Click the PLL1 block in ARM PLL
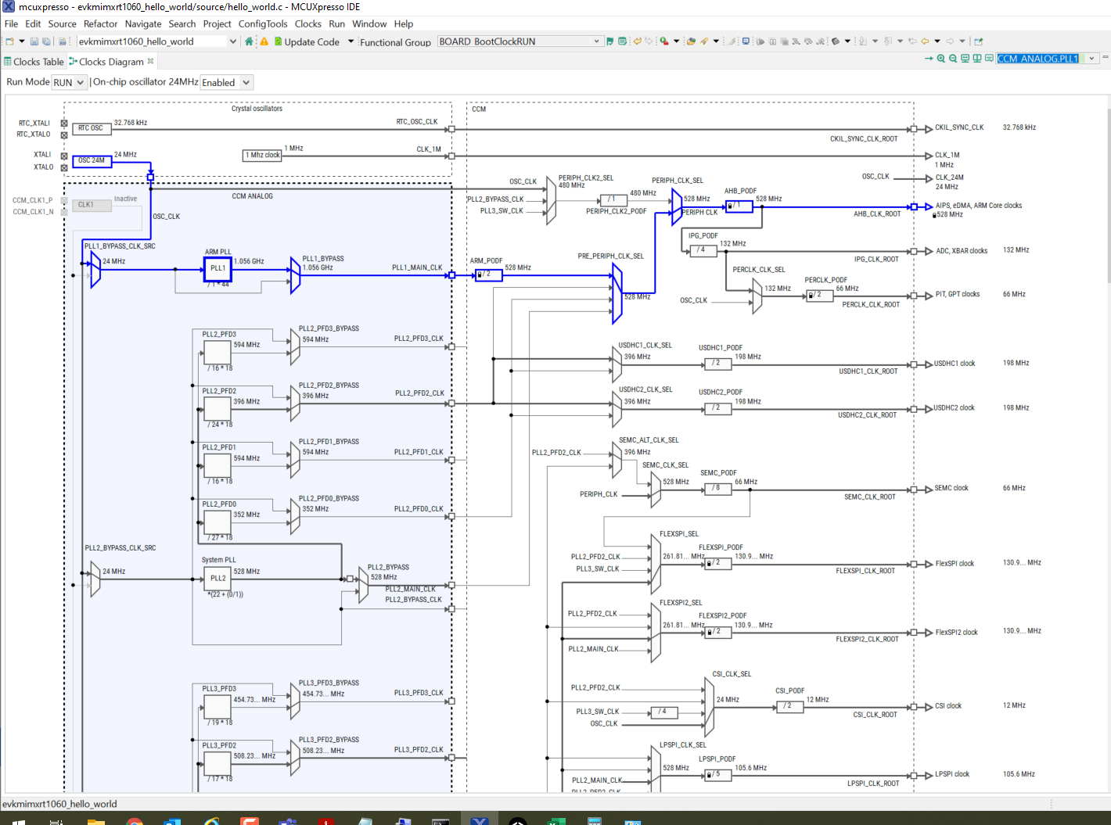click(218, 268)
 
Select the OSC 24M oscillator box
click(92, 160)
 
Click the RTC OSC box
click(91, 128)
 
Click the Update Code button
click(311, 42)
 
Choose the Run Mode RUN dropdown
click(69, 82)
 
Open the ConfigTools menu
click(263, 24)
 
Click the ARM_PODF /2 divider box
click(488, 274)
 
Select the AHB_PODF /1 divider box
click(739, 206)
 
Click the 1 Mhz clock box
click(263, 156)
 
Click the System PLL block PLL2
click(218, 579)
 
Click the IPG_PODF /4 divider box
click(703, 250)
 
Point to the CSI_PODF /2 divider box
click(789, 705)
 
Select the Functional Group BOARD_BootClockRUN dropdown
click(520, 41)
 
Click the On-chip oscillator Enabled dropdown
click(226, 82)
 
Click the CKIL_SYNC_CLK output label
click(959, 127)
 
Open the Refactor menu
click(100, 24)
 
